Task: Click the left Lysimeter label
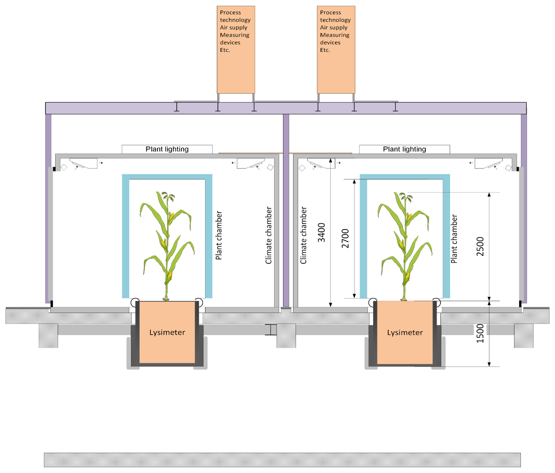[x=167, y=332]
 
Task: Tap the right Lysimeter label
[x=405, y=332]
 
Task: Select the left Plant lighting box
[x=167, y=149]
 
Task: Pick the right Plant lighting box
[x=404, y=149]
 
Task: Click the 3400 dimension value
[x=322, y=232]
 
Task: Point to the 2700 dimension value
[x=345, y=238]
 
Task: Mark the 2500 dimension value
[x=480, y=247]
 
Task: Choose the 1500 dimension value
[x=480, y=334]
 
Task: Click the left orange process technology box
[x=236, y=50]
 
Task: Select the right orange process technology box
[x=336, y=50]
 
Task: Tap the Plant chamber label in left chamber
[x=219, y=235]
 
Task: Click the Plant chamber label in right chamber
[x=454, y=239]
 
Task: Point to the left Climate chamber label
[x=269, y=235]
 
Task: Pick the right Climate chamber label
[x=304, y=235]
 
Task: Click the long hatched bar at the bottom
[x=282, y=460]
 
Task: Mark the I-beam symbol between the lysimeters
[x=271, y=330]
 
